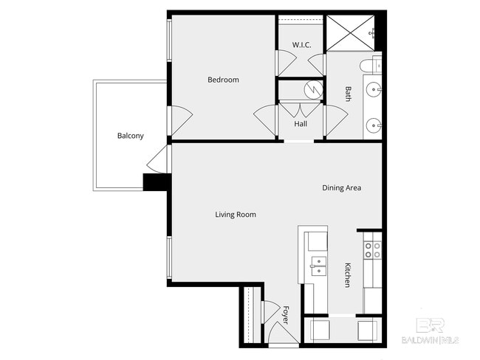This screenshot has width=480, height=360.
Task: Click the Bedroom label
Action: point(223,80)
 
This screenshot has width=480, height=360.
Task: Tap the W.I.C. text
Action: point(301,45)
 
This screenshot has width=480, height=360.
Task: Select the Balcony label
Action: point(130,136)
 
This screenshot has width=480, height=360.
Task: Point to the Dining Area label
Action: point(341,188)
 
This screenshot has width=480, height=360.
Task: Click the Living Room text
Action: point(235,215)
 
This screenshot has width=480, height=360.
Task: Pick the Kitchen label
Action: point(347,274)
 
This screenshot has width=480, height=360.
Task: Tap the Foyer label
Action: point(285,316)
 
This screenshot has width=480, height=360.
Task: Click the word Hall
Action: point(301,124)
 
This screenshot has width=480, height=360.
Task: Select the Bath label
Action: point(349,94)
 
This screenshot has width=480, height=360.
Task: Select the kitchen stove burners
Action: point(373,249)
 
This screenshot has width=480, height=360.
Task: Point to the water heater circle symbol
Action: point(315,89)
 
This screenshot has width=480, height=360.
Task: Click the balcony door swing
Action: point(156,160)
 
